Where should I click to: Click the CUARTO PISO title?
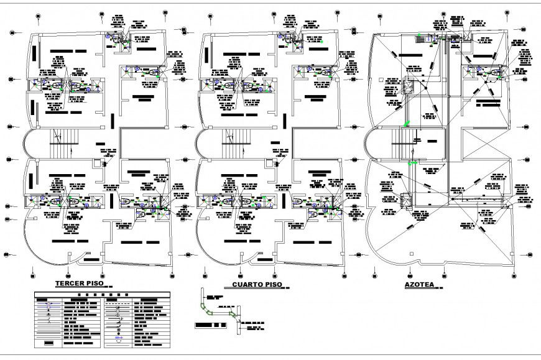point(257,285)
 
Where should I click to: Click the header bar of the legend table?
point(101,294)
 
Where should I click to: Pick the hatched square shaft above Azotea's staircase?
point(409,86)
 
